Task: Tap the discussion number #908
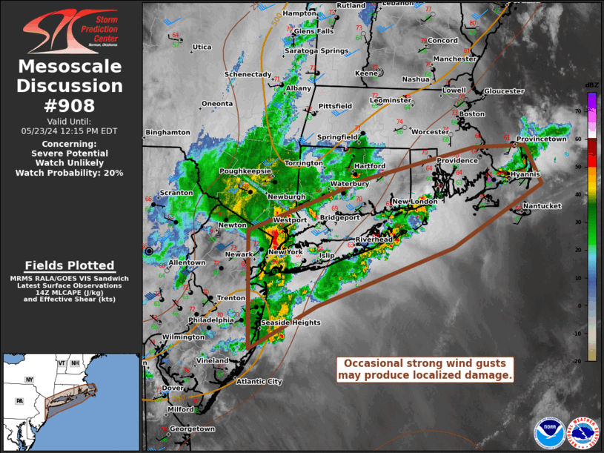[70, 105]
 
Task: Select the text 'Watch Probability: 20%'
[70, 173]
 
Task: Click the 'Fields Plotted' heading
[70, 265]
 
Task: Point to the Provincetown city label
[541, 139]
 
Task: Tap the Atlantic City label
[259, 382]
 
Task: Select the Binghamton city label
[167, 133]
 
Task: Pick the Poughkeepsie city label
[243, 171]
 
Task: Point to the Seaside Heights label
[291, 323]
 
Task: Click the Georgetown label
[192, 429]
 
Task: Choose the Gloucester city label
[504, 91]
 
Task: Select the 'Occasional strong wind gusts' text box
[425, 369]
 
